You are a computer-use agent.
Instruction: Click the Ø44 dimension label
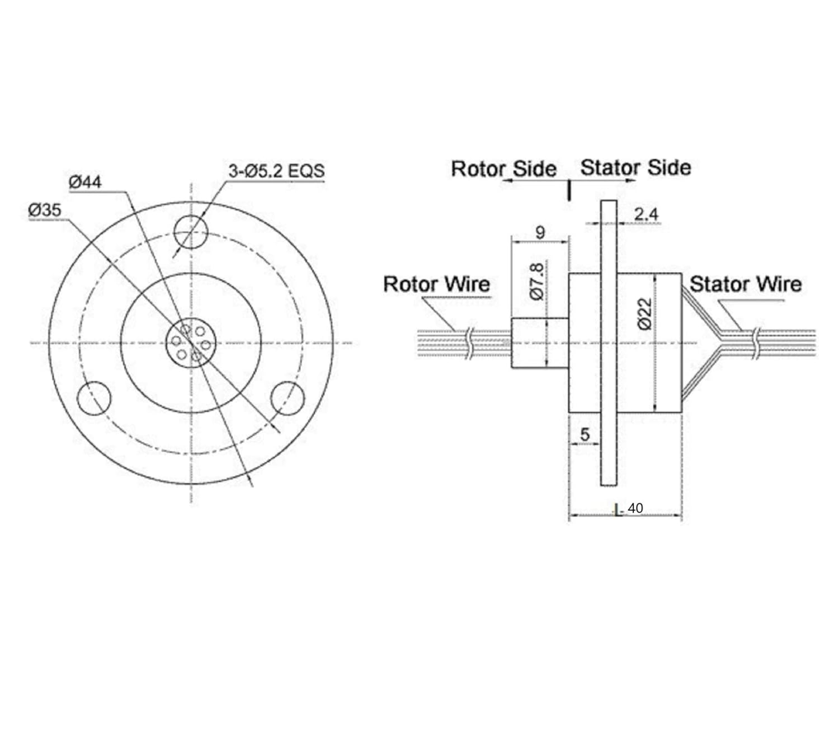(x=85, y=182)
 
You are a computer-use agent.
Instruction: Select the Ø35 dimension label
(x=45, y=210)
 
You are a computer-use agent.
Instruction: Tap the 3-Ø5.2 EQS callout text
(x=276, y=171)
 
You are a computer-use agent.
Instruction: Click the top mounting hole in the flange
(x=191, y=231)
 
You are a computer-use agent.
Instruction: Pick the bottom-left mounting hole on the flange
(x=94, y=399)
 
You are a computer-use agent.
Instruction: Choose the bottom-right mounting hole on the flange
(x=287, y=399)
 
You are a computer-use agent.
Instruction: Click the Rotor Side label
(x=503, y=169)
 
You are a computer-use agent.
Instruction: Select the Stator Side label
(x=635, y=167)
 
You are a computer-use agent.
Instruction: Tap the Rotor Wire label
(x=436, y=284)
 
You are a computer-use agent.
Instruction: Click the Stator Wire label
(x=745, y=284)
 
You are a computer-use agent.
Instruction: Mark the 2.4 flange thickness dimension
(x=646, y=214)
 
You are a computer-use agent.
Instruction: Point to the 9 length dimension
(x=540, y=232)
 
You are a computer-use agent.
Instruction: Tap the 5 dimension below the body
(x=585, y=434)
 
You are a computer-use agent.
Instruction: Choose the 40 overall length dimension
(x=635, y=508)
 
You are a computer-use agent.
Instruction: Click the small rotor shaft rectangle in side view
(x=540, y=343)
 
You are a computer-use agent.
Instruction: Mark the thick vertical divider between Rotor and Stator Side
(x=569, y=190)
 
